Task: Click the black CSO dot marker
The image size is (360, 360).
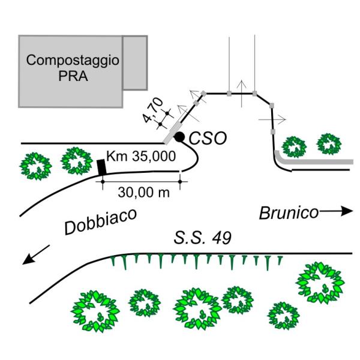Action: pos(179,138)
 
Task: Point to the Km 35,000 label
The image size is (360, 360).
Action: pos(140,157)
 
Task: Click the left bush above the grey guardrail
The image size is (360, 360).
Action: pos(294,146)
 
